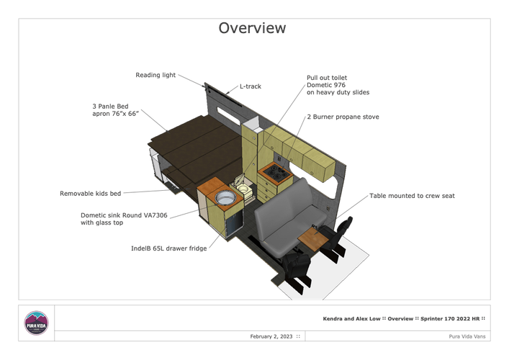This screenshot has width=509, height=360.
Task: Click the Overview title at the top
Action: pos(252,28)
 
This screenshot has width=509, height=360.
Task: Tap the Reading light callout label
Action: pos(156,75)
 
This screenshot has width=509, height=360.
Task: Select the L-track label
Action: pos(251,86)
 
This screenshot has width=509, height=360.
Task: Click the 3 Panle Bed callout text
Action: pos(116,109)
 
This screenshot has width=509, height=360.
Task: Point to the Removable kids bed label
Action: pos(90,194)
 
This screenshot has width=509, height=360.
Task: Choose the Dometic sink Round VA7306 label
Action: pos(124,219)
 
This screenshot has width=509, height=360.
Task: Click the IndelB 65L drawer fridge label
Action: pos(168,248)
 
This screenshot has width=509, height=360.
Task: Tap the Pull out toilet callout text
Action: pos(338,85)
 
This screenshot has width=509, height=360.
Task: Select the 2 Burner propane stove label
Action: pos(343,117)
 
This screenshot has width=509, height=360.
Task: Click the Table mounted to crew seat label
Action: pos(412,196)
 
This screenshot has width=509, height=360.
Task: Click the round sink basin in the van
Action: pos(225,197)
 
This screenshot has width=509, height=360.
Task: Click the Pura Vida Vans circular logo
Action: pos(36,323)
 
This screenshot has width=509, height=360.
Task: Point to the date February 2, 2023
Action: pos(271,337)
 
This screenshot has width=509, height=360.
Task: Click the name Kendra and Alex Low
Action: pos(351,319)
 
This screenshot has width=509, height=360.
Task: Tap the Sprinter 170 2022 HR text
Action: pos(450,319)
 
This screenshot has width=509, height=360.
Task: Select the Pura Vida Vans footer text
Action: pos(467,337)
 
